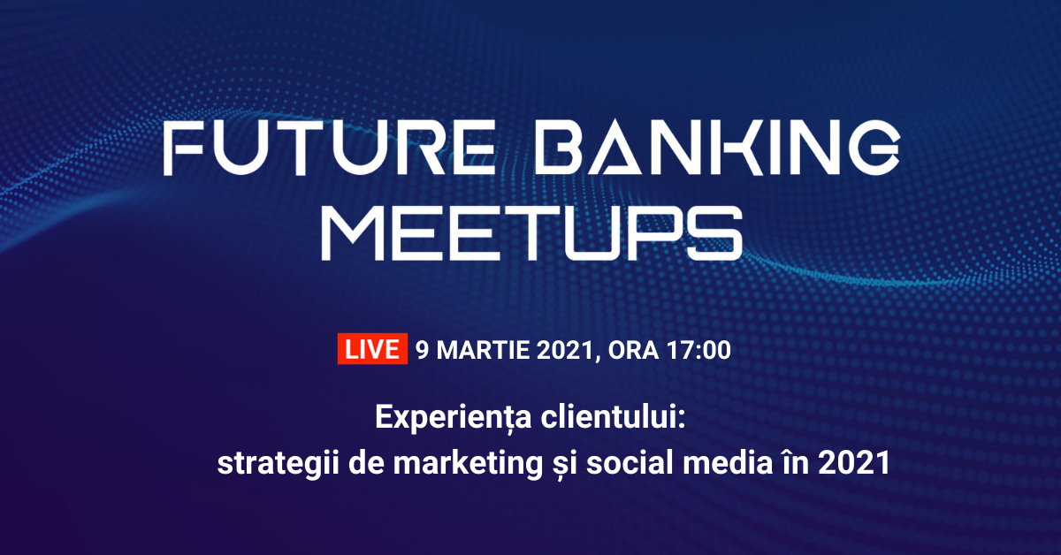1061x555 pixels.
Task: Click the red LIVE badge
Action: pyautogui.click(x=371, y=349)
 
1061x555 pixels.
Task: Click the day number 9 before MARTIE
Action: pyautogui.click(x=422, y=350)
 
